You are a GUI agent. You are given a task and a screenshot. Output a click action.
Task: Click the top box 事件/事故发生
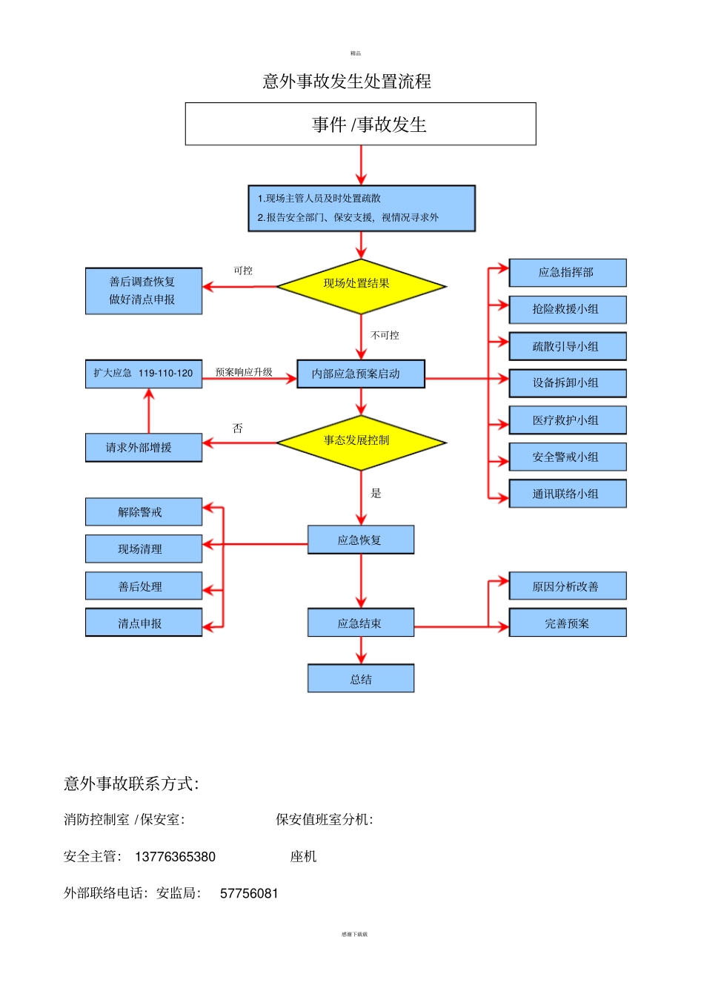click(x=360, y=124)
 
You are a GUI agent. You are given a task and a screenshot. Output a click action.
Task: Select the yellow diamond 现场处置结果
click(x=361, y=285)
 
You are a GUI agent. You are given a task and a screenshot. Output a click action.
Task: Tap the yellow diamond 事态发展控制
click(x=361, y=443)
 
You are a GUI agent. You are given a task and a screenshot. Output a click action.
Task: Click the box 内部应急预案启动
click(x=360, y=374)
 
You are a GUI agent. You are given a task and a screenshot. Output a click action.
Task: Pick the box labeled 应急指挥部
click(x=567, y=273)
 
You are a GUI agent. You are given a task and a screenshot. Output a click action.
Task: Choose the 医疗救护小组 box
click(x=567, y=420)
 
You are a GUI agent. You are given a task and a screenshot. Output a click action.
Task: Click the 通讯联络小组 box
click(x=567, y=494)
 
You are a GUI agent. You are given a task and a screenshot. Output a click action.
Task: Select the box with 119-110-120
click(x=144, y=374)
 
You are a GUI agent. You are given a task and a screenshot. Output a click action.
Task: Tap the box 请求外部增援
click(x=144, y=448)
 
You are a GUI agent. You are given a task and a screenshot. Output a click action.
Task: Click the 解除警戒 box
click(x=144, y=512)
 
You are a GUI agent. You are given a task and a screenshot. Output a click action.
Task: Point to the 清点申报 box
click(x=144, y=623)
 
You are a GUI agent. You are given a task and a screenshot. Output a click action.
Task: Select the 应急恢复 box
click(x=360, y=540)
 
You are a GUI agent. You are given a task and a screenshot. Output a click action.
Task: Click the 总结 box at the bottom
click(x=360, y=678)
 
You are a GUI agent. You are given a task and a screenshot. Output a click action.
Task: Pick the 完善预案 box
click(x=567, y=623)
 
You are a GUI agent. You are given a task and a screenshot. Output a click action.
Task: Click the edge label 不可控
click(x=385, y=335)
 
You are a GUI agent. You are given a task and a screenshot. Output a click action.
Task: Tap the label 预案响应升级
click(x=244, y=372)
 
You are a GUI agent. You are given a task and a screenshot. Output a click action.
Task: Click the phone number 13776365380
click(x=175, y=857)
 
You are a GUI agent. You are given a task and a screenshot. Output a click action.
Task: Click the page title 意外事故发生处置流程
click(x=347, y=82)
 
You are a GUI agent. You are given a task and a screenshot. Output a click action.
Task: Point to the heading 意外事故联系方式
click(x=131, y=784)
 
